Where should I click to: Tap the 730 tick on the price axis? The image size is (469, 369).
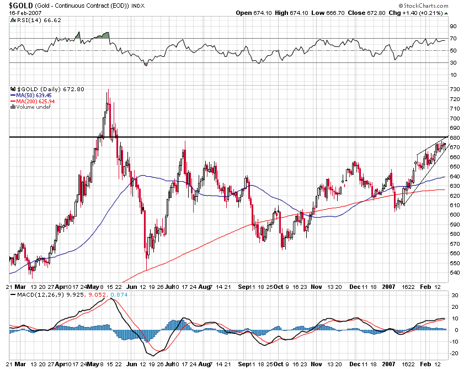pos(455,89)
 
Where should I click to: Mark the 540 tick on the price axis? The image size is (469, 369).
pos(455,272)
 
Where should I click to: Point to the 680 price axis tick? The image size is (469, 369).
pos(455,138)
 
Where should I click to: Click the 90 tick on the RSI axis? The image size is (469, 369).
pos(453,26)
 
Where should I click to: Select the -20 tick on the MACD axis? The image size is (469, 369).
pos(455,354)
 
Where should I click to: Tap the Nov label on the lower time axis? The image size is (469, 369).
pos(316,287)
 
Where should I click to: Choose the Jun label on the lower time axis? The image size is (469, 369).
pos(131,287)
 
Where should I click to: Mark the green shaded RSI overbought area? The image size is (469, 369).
pos(102,35)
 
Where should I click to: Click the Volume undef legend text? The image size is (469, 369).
pos(32,107)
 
